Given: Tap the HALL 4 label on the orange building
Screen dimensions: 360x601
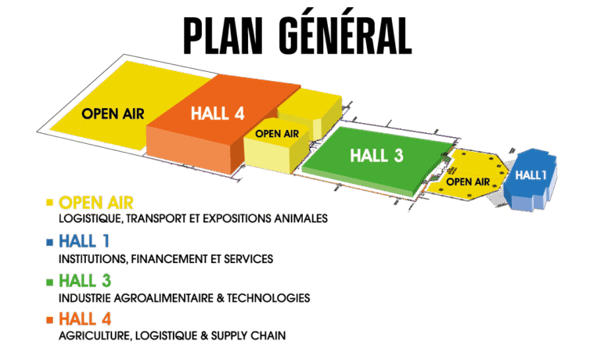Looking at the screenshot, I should tap(218, 113).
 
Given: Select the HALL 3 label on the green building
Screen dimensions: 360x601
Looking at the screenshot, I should tap(376, 155).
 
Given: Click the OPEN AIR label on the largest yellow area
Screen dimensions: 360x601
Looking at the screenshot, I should tap(113, 113).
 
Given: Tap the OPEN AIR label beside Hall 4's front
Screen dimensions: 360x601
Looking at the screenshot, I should tap(278, 133).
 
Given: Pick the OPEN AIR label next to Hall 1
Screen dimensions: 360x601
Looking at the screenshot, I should tap(468, 182).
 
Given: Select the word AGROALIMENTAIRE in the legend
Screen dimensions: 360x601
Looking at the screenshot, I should tap(164, 298).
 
